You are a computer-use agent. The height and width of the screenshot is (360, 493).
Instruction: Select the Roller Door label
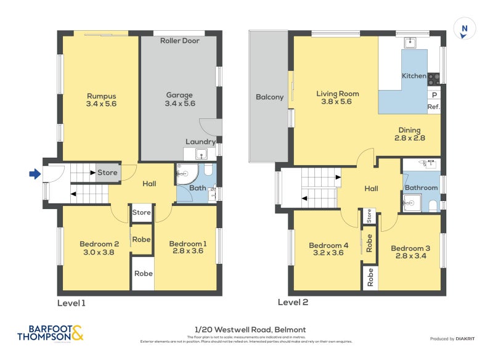(x=179, y=41)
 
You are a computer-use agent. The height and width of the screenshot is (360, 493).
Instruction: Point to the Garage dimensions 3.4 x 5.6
(x=179, y=104)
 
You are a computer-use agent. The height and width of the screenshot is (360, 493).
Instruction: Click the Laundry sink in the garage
(x=200, y=153)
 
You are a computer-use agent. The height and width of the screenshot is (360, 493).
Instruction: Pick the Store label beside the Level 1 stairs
(x=107, y=173)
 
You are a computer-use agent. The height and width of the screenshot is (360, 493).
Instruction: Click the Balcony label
(x=269, y=97)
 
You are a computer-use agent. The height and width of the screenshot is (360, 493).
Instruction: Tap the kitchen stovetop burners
(x=434, y=78)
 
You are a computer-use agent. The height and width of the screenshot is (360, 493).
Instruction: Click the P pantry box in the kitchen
(x=434, y=95)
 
